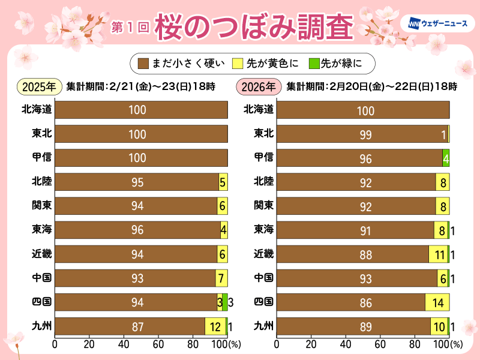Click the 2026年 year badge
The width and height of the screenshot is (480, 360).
click(x=259, y=86)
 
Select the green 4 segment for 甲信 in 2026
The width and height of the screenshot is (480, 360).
click(x=446, y=158)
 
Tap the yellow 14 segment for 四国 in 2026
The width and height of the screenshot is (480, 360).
click(x=437, y=302)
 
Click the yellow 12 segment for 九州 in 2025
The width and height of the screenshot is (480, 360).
click(x=215, y=326)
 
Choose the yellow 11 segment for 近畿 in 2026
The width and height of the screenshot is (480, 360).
click(x=438, y=254)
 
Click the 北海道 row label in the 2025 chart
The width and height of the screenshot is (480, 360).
click(x=37, y=109)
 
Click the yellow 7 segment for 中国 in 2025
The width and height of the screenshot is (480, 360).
click(x=221, y=278)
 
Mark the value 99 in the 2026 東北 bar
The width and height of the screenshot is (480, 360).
click(x=365, y=134)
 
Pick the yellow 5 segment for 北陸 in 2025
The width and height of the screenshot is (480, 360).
click(x=223, y=182)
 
